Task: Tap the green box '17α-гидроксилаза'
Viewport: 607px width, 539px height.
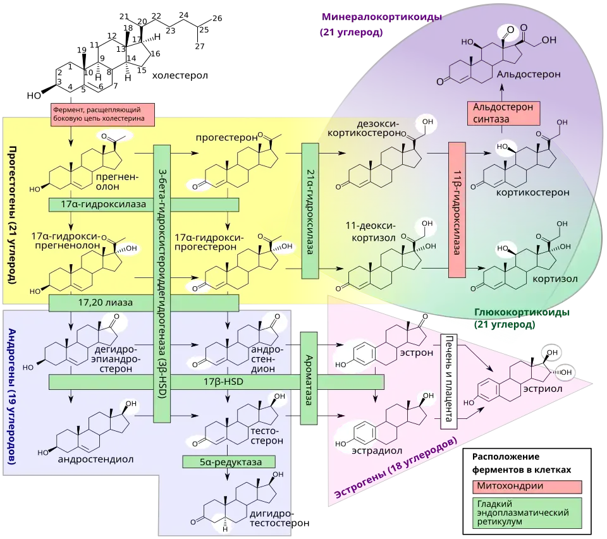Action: tap(144, 205)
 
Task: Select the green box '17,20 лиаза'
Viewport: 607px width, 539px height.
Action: tap(144, 303)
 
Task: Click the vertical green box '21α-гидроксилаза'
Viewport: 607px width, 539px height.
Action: tap(310, 211)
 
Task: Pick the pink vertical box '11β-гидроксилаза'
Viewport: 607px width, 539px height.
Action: tap(457, 209)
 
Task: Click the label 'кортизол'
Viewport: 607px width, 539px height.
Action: tap(555, 279)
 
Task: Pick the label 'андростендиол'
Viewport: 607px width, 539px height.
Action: tap(95, 459)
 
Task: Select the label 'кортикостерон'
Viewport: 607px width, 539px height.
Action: tap(541, 192)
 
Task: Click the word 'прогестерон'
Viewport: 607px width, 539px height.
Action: tap(228, 138)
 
